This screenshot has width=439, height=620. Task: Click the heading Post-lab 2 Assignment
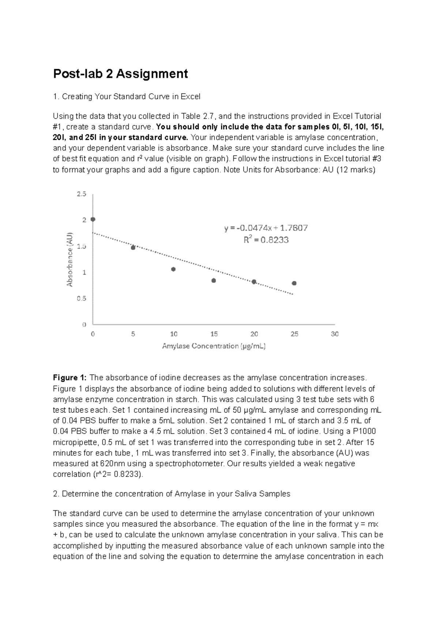pyautogui.click(x=120, y=74)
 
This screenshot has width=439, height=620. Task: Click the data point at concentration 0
pyautogui.click(x=93, y=219)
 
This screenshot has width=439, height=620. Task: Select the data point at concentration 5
pyautogui.click(x=133, y=248)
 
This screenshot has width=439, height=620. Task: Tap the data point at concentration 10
pyautogui.click(x=173, y=269)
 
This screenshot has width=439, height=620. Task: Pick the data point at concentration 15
pyautogui.click(x=214, y=281)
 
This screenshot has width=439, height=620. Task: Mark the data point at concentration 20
pyautogui.click(x=254, y=282)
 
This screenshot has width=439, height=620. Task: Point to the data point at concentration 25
pyautogui.click(x=294, y=283)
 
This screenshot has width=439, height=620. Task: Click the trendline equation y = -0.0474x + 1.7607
pyautogui.click(x=266, y=228)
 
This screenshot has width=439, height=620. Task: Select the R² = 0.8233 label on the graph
pyautogui.click(x=266, y=240)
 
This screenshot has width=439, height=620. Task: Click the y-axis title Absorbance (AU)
pyautogui.click(x=70, y=259)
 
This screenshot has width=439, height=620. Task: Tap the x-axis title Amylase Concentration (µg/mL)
pyautogui.click(x=214, y=346)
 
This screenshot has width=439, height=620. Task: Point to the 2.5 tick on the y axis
pyautogui.click(x=82, y=194)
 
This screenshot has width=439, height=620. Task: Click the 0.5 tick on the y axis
pyautogui.click(x=82, y=299)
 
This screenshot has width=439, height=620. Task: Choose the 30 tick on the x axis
pyautogui.click(x=334, y=334)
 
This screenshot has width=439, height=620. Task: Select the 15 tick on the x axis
pyautogui.click(x=214, y=334)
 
